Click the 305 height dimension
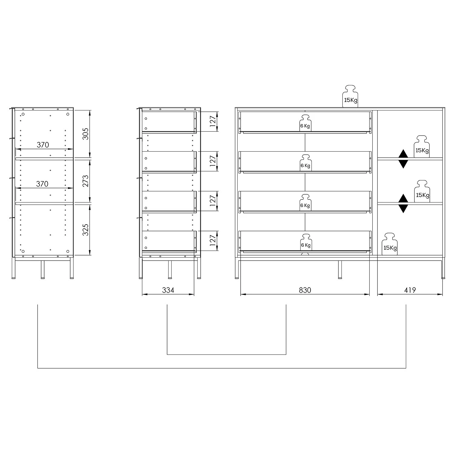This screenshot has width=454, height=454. (86, 134)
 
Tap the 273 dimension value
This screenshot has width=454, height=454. (86, 181)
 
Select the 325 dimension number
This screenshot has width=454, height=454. (86, 230)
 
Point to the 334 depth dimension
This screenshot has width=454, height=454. (168, 290)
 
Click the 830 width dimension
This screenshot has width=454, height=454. (305, 290)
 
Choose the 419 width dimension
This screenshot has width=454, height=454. (410, 290)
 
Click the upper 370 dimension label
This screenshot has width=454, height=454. (43, 145)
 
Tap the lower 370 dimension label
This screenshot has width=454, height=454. (42, 184)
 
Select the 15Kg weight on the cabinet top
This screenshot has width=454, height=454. (350, 96)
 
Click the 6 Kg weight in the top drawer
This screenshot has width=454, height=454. (305, 123)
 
